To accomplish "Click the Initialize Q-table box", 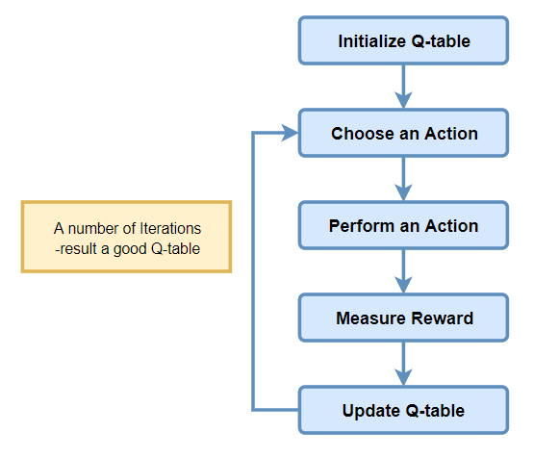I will click(x=403, y=41).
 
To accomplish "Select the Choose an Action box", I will click(x=403, y=133).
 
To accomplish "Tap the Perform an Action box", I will click(x=403, y=226).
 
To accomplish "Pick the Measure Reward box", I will click(x=403, y=318).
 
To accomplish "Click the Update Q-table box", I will click(x=403, y=411).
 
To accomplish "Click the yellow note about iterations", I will click(x=127, y=237).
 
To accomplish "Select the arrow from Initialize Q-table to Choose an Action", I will click(x=403, y=87).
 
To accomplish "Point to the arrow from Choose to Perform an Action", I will click(x=403, y=179).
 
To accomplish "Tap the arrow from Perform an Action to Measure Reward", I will click(x=403, y=271).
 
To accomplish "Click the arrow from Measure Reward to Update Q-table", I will click(x=403, y=364).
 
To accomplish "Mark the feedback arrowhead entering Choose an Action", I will click(x=290, y=133).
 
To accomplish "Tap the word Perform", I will click(x=360, y=226).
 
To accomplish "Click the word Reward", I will click(x=440, y=318).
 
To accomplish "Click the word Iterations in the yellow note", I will click(x=166, y=228).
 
